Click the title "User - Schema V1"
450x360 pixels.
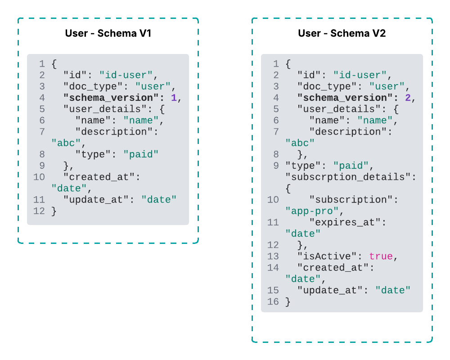point(108,33)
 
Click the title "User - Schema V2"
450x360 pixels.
point(342,33)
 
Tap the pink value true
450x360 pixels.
point(381,256)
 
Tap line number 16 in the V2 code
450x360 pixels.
point(273,301)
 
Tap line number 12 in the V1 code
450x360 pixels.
point(39,211)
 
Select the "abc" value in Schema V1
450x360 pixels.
point(66,143)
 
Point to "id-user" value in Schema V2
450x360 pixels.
point(360,75)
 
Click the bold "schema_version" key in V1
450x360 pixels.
point(108,98)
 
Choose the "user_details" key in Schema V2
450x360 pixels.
point(336,109)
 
